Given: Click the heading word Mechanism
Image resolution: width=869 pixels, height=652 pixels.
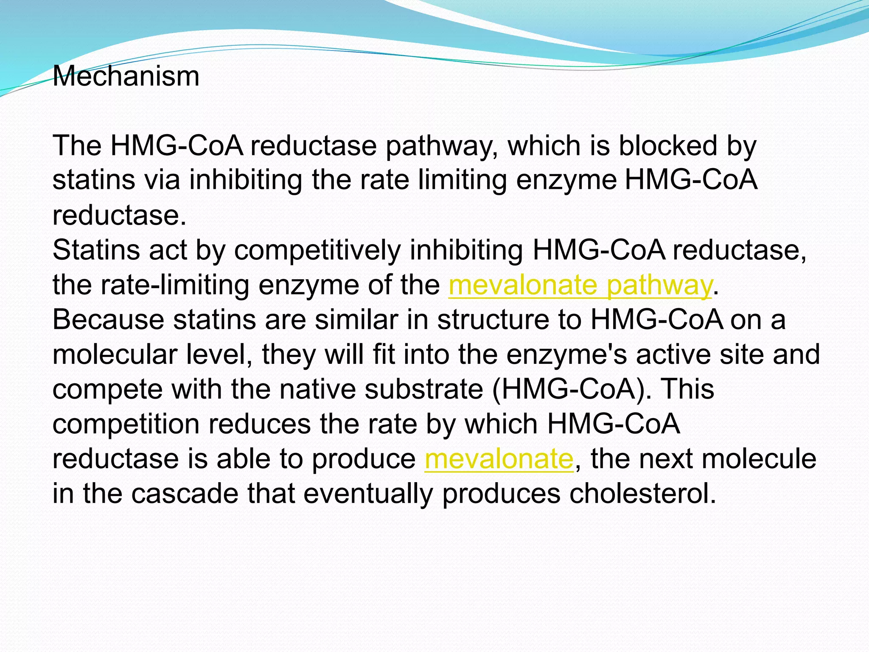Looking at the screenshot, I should pos(126,76).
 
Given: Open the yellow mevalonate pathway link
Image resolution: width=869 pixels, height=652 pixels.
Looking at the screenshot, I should pos(580,285).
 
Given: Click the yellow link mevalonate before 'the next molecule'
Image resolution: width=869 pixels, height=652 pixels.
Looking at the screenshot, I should pos(499,459).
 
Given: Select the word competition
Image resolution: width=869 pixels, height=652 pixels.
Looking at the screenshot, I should pos(126,424).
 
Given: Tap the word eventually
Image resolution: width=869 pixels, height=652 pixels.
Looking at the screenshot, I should pos(368,494).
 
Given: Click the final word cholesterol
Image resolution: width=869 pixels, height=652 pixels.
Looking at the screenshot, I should pos(642,494).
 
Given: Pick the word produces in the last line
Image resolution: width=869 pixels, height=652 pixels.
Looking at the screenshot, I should pos(501,494).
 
